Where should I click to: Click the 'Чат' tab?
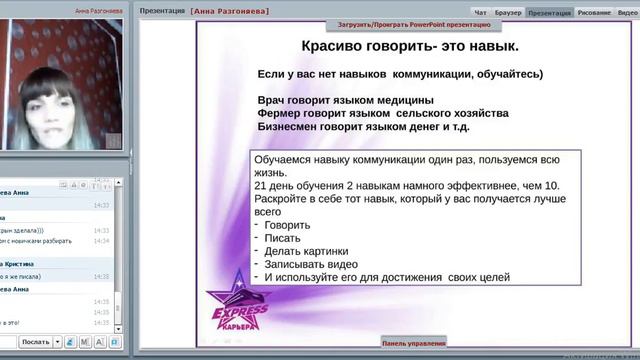coord(480,13)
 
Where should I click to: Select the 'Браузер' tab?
coord(507,13)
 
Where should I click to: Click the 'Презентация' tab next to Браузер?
coord(549,13)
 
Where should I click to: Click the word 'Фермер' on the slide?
coord(282,113)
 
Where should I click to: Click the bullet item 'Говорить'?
coord(290,224)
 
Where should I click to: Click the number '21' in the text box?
coord(262,185)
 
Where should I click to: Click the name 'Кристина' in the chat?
coord(29,262)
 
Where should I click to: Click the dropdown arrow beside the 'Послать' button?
coord(57,342)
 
